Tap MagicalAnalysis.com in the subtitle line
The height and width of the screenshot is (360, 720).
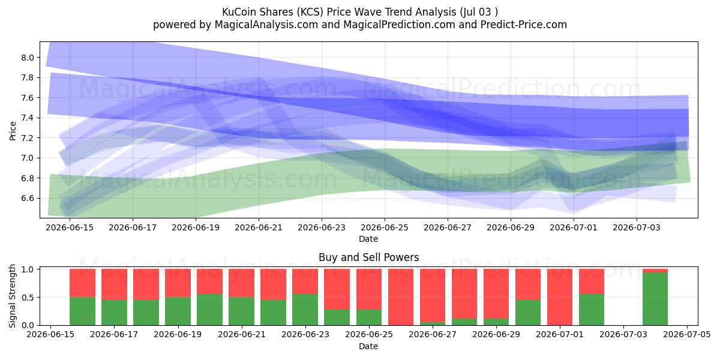266,25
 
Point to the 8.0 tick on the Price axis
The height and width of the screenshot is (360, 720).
28,58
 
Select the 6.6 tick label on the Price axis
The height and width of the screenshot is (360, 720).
28,198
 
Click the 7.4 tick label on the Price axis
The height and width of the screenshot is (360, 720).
28,118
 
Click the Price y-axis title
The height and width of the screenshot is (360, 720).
13,131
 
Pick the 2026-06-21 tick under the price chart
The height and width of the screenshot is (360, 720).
259,227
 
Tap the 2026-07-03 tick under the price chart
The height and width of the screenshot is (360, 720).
637,227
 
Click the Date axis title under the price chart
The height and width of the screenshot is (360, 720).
368,239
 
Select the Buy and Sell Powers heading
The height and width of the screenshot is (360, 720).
368,257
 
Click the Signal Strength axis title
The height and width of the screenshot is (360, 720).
12,296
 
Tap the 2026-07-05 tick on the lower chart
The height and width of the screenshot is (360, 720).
687,334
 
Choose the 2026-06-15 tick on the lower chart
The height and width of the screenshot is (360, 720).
50,334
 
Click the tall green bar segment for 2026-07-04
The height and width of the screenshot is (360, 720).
655,299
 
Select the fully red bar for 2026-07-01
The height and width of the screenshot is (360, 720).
560,297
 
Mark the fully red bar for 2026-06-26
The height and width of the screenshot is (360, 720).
401,297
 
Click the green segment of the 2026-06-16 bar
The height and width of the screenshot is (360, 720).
82,311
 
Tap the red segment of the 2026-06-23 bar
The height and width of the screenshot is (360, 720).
305,281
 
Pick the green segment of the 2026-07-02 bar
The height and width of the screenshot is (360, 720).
592,310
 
